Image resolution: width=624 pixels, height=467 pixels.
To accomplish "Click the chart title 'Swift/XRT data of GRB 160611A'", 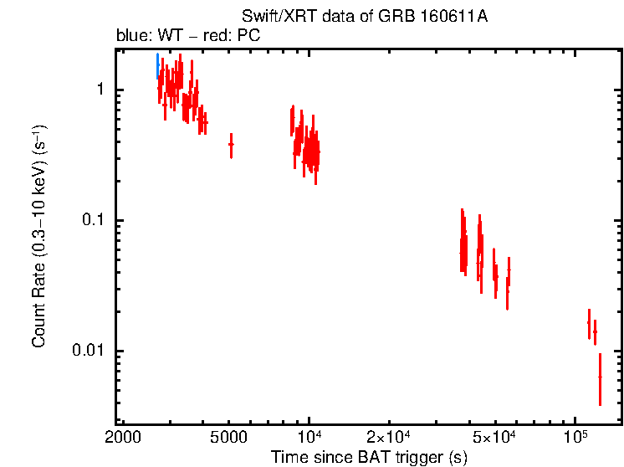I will coord(365,18).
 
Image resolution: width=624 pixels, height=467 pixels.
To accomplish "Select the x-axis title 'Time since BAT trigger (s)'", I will coord(369,457).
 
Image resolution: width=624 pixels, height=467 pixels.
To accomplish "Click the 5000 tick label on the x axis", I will coord(230,436).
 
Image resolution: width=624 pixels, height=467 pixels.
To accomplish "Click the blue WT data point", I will coord(157,66).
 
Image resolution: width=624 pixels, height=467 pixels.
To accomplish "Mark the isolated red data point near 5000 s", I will coord(231,145).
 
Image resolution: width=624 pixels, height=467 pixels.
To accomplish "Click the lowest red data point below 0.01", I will coord(600,378).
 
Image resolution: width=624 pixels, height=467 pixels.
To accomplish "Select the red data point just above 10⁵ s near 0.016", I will coord(589,323).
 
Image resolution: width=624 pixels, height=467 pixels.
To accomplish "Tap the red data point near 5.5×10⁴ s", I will coord(508,281).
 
